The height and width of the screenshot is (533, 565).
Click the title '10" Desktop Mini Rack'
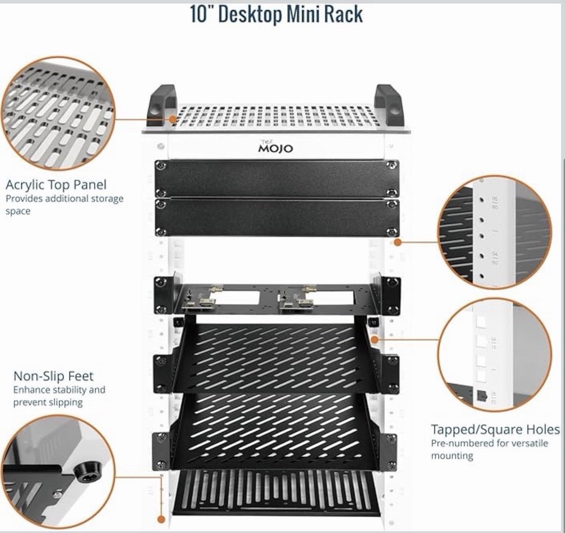tap(276, 14)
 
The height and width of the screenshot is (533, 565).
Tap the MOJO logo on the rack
tap(276, 148)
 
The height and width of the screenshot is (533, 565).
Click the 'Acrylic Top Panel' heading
tap(56, 185)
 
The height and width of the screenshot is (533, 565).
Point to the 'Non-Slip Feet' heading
tap(54, 376)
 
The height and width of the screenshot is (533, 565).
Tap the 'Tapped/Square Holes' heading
tap(495, 430)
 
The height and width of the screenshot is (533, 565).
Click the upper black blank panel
tap(276, 178)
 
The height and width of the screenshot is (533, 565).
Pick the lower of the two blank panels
tap(276, 217)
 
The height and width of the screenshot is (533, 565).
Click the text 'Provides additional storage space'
tap(64, 204)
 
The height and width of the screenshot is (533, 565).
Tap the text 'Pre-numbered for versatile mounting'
tap(489, 449)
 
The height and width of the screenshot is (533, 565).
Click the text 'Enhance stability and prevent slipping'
tap(59, 396)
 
